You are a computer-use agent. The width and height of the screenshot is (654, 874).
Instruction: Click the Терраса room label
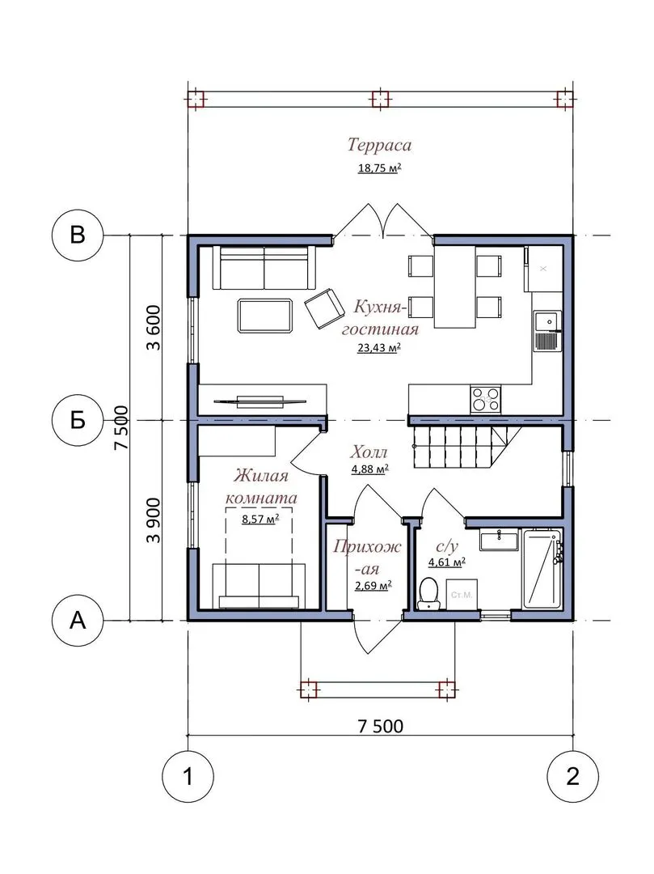[x=380, y=145]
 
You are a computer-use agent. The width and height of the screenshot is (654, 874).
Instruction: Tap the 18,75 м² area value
[x=380, y=168]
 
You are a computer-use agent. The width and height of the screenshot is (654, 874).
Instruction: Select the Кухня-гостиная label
[x=380, y=318]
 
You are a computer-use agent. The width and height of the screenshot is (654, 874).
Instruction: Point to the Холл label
[x=369, y=452]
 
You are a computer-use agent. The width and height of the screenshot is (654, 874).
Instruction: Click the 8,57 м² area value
[x=260, y=520]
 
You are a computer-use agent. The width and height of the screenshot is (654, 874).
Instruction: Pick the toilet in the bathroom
[x=428, y=592]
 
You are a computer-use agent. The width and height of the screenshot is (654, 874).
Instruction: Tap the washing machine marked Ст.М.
[x=462, y=594]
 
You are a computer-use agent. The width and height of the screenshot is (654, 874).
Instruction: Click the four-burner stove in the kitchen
[x=485, y=399]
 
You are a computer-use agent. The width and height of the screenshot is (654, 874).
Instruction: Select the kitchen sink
[x=546, y=331]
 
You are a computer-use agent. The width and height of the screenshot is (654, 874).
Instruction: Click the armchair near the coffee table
[x=324, y=308]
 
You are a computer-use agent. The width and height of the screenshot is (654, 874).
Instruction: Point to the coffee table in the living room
[x=265, y=316]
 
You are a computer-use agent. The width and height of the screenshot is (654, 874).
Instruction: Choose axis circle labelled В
[x=78, y=235]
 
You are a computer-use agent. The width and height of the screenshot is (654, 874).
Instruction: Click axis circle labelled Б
[x=78, y=420]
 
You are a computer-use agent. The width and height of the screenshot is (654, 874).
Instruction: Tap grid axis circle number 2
[x=572, y=776]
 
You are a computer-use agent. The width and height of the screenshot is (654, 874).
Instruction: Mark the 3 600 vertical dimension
[x=153, y=328]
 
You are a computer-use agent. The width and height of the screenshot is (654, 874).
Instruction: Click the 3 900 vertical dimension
[x=153, y=520]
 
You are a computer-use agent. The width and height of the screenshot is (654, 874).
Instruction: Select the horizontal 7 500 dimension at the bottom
[x=381, y=726]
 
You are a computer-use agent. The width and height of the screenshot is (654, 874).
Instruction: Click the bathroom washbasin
[x=500, y=540]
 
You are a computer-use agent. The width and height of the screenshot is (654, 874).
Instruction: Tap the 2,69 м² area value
[x=373, y=586]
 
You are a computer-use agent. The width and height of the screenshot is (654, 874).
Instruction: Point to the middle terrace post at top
[x=380, y=100]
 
